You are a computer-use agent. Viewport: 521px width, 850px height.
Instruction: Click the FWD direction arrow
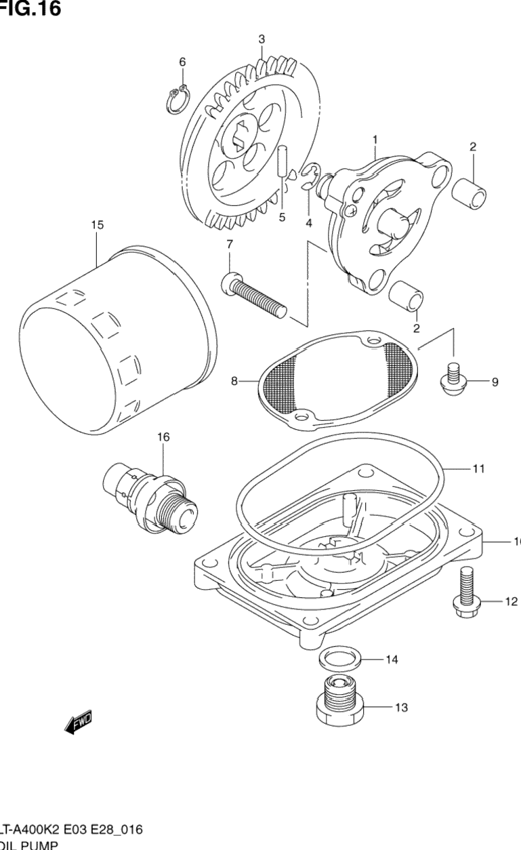[x=79, y=723]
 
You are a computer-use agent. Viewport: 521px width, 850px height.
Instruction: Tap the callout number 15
[x=98, y=225]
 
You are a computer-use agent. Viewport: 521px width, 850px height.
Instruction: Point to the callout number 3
[x=262, y=39]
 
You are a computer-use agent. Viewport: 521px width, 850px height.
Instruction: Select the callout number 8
[x=235, y=382]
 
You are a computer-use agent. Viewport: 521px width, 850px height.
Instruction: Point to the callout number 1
[x=374, y=140]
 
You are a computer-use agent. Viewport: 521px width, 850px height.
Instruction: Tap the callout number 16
[x=163, y=437]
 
